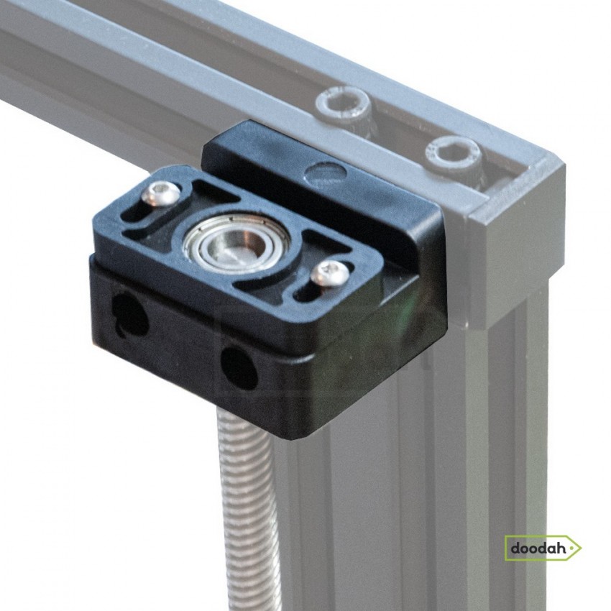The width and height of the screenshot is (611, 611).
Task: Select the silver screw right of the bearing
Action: [x=332, y=273]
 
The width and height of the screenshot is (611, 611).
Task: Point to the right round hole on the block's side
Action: [x=239, y=364]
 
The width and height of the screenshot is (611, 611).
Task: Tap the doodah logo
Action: [x=543, y=548]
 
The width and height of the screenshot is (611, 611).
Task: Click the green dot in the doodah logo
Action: [x=571, y=548]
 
